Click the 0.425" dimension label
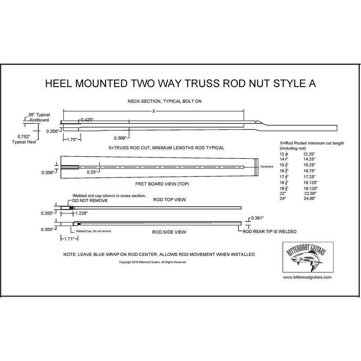click(87, 120)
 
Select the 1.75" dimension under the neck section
click(69, 140)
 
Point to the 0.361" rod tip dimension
click(258, 218)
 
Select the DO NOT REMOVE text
click(90, 200)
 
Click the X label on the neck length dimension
click(153, 111)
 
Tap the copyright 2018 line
click(153, 262)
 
